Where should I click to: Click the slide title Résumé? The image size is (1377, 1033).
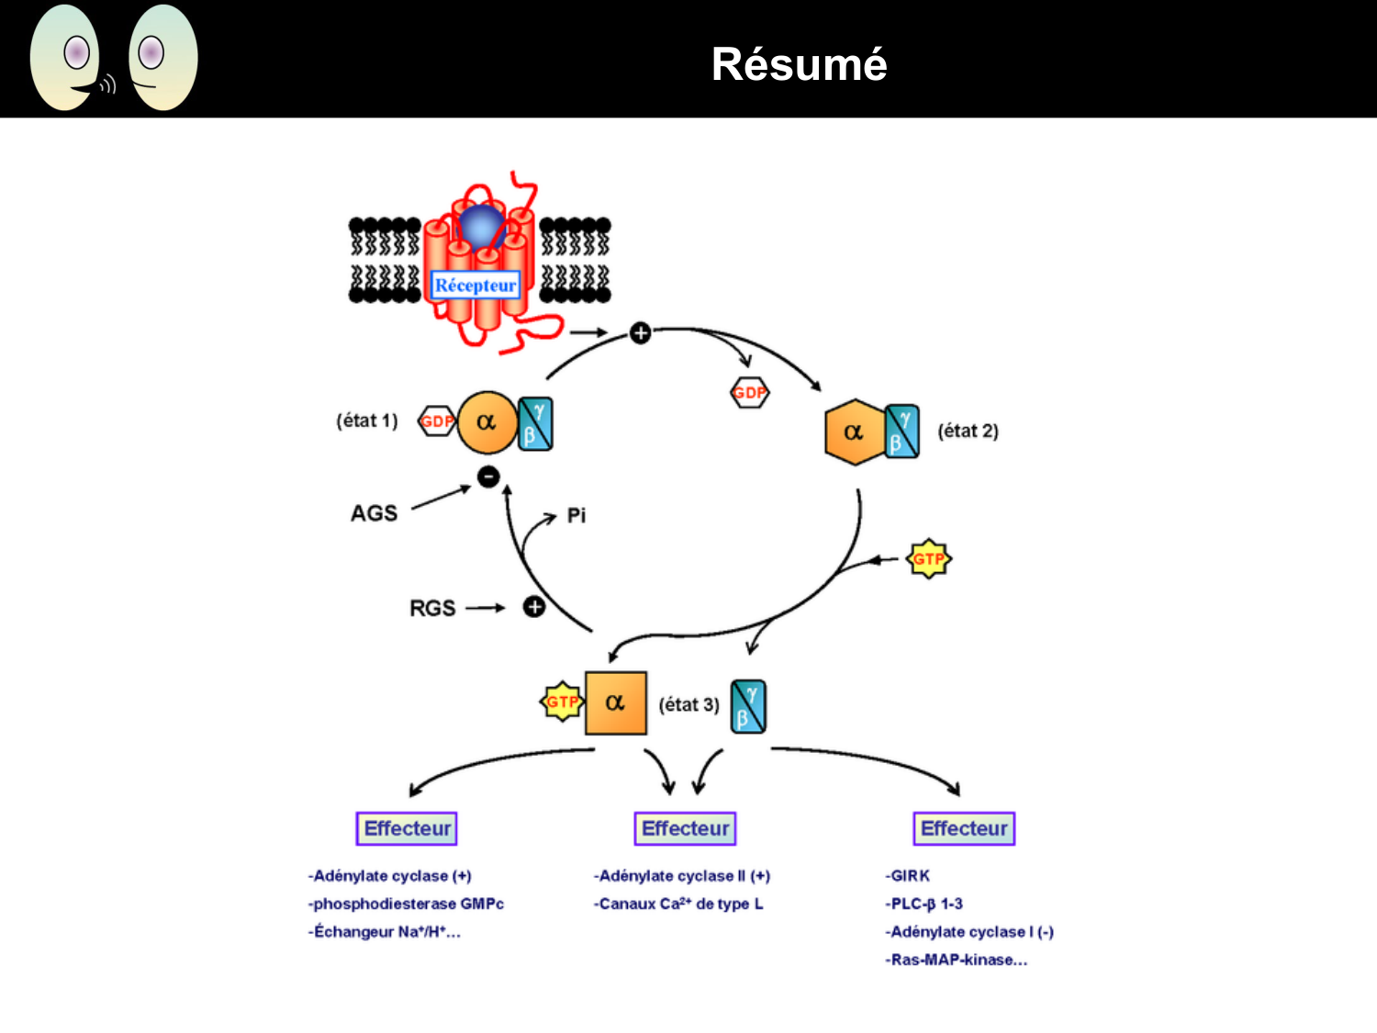(x=799, y=64)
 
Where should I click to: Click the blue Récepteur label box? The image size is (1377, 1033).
(x=476, y=285)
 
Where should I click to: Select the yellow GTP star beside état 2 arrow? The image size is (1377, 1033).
(x=928, y=558)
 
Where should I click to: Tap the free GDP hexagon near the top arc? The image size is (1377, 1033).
(x=749, y=393)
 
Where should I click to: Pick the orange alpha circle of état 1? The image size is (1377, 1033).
(x=487, y=422)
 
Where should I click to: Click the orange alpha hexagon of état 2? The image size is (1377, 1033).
(x=854, y=432)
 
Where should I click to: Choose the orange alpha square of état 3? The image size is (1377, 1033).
(x=615, y=703)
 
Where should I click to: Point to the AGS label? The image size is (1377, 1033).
(x=374, y=513)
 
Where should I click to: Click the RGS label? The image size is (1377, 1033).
(x=431, y=608)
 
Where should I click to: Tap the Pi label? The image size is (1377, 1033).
(x=576, y=515)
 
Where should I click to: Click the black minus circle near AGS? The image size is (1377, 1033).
(x=488, y=476)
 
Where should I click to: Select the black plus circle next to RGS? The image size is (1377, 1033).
(x=533, y=607)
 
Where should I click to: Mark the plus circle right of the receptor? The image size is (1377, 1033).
(x=640, y=332)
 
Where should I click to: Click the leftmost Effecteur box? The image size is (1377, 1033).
(x=407, y=828)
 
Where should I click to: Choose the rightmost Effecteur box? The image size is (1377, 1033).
(x=964, y=828)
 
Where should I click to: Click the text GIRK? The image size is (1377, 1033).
(x=909, y=876)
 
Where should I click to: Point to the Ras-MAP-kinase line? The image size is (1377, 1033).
(x=957, y=960)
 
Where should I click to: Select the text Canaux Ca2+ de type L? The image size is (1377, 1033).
(x=679, y=904)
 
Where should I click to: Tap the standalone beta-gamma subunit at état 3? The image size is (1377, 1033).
(x=748, y=705)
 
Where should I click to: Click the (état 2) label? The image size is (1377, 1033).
(x=968, y=431)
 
